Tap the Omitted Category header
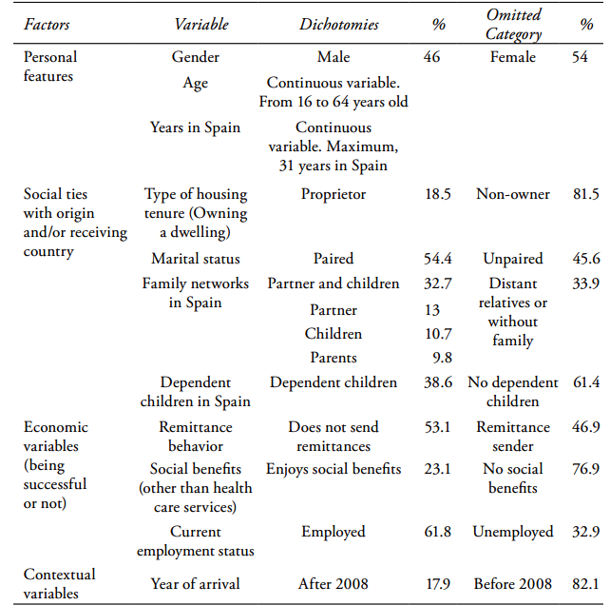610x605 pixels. pyautogui.click(x=513, y=25)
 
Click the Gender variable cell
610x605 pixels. pyautogui.click(x=196, y=57)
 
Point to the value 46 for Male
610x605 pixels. pyautogui.click(x=431, y=57)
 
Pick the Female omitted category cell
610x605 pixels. pyautogui.click(x=513, y=57)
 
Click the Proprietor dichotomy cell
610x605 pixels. pyautogui.click(x=334, y=194)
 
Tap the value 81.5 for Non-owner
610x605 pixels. pyautogui.click(x=585, y=194)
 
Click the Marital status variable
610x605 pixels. pyautogui.click(x=196, y=259)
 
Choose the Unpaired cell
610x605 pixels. pyautogui.click(x=513, y=259)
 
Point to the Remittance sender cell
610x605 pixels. pyautogui.click(x=513, y=437)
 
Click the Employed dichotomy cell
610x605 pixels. pyautogui.click(x=334, y=532)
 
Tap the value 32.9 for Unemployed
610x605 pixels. pyautogui.click(x=585, y=532)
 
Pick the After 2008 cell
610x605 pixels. pyautogui.click(x=334, y=583)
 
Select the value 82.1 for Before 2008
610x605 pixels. pyautogui.click(x=585, y=583)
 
